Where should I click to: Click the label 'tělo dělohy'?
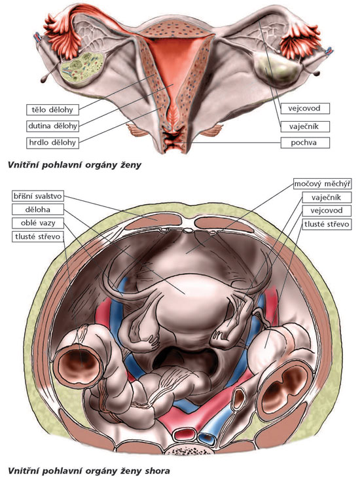52,110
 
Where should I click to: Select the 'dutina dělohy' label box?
52,126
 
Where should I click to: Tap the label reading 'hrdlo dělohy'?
52,142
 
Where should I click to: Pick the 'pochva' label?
305,142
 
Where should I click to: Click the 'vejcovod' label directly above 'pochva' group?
305,108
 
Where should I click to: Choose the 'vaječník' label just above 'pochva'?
305,126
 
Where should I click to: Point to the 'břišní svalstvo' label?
38,196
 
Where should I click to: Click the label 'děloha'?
38,210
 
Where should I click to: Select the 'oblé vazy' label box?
38,223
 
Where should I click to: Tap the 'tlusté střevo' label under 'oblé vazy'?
38,236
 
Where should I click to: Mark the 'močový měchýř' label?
323,184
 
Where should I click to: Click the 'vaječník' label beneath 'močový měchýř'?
327,198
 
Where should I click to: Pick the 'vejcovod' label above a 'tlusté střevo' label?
327,211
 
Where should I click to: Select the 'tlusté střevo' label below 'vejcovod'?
327,225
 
